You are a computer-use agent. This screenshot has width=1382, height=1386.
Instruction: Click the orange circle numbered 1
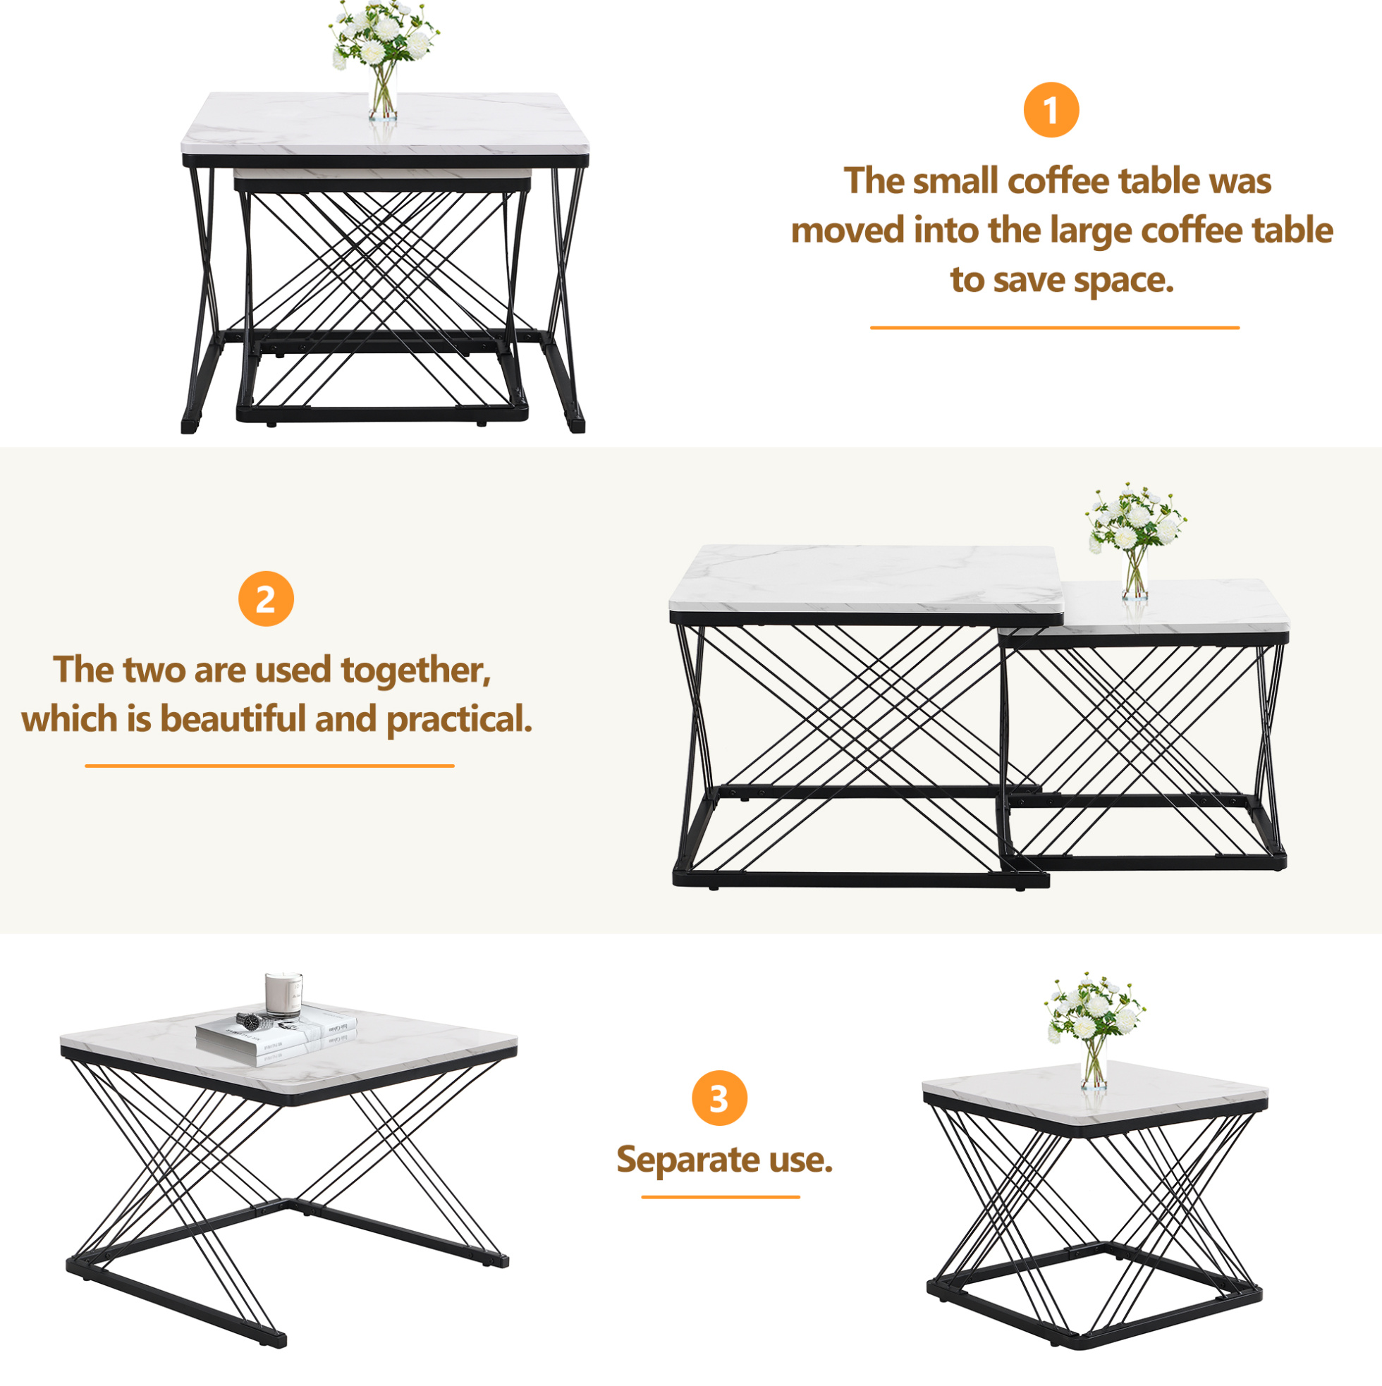pyautogui.click(x=1051, y=110)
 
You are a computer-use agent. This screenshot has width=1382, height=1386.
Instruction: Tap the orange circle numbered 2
pyautogui.click(x=266, y=599)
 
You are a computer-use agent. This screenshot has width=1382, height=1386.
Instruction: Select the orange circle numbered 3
pyautogui.click(x=719, y=1098)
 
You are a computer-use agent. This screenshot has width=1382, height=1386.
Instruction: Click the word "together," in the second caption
pyautogui.click(x=415, y=670)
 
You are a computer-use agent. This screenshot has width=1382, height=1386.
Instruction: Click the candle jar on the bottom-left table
pyautogui.click(x=283, y=994)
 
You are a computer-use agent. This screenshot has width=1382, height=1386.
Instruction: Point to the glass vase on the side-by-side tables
pyautogui.click(x=1135, y=573)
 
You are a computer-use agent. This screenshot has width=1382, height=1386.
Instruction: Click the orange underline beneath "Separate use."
pyautogui.click(x=721, y=1196)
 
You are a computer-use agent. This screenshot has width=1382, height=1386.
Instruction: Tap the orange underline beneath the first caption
pyautogui.click(x=1055, y=328)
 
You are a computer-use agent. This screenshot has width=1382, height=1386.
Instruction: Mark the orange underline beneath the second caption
pyautogui.click(x=269, y=766)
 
